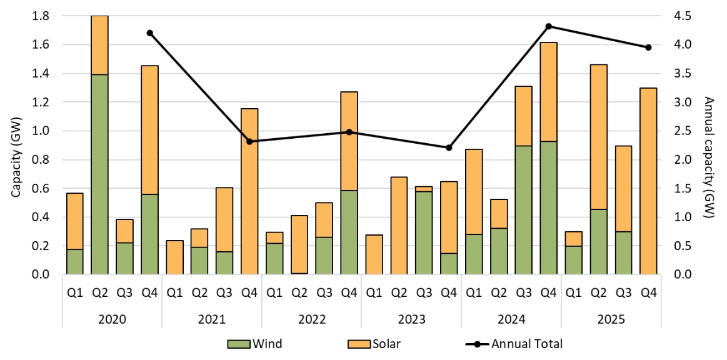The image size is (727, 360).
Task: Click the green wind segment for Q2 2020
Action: tap(99, 174)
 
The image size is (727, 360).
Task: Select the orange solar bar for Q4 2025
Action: tap(648, 181)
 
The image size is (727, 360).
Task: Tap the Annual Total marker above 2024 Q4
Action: tap(548, 26)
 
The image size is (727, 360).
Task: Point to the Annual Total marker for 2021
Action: tap(249, 141)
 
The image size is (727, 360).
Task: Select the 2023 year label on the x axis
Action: tap(411, 319)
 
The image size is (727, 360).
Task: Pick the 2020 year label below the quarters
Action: tap(113, 319)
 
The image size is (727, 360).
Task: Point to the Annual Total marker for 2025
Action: tap(648, 47)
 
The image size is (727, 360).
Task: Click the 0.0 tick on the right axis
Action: tap(682, 275)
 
